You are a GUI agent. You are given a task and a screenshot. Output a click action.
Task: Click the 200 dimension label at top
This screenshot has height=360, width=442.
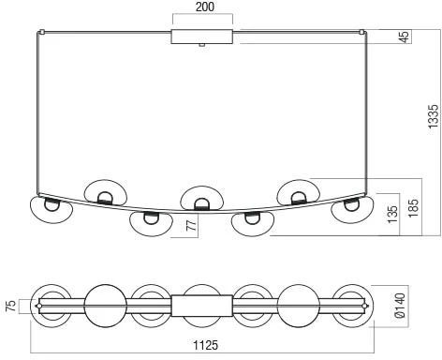click(x=205, y=7)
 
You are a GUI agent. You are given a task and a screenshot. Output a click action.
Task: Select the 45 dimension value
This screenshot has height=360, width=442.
click(x=405, y=37)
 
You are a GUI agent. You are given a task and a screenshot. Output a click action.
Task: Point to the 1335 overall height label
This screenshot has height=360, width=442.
click(x=434, y=116)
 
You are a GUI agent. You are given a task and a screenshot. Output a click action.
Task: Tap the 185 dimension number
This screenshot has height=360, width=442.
click(x=413, y=207)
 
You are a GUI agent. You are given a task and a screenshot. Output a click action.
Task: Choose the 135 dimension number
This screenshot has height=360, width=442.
click(x=392, y=214)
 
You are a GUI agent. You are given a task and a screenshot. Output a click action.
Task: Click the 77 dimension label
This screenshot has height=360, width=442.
click(x=192, y=225)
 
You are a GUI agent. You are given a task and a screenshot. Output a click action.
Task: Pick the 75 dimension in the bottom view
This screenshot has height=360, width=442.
click(x=11, y=306)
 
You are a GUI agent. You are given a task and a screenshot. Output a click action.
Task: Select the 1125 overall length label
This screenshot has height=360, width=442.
click(x=205, y=345)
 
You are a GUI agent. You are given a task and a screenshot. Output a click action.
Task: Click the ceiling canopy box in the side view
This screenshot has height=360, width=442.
click(x=202, y=37)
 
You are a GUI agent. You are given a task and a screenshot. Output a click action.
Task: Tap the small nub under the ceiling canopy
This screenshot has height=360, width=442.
click(x=202, y=45)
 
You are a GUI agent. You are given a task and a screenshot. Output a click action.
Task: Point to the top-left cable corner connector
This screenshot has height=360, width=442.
click(x=41, y=32)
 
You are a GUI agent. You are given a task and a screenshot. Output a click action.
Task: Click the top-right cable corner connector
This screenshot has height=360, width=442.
click(x=362, y=32)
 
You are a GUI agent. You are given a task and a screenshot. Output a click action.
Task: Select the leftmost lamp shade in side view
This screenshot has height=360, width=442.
click(x=51, y=210)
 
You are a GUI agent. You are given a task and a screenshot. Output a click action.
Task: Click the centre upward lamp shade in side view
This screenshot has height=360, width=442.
click(x=201, y=199)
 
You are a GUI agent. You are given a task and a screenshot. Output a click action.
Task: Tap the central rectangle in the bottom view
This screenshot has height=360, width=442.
click(x=202, y=306)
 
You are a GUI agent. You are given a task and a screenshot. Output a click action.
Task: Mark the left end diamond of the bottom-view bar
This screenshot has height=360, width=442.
click(x=38, y=306)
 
